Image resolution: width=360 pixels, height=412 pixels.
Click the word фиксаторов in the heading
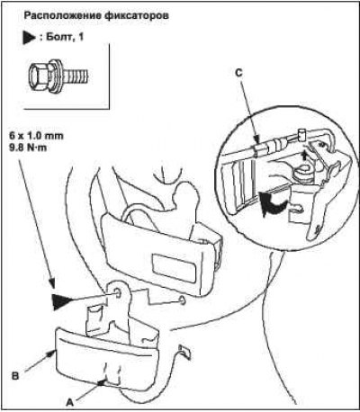point(137,15)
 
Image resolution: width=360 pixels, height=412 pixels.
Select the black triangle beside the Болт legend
point(30,38)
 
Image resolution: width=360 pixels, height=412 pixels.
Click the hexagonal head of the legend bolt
point(39,75)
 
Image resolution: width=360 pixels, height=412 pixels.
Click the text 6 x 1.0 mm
point(36,136)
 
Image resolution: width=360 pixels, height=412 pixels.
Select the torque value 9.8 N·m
point(28,148)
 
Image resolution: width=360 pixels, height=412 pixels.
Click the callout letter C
point(238,74)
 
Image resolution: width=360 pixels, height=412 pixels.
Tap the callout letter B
point(15,376)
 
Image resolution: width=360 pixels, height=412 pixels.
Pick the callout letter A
point(69,402)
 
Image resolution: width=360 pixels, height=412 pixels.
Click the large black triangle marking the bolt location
point(60,301)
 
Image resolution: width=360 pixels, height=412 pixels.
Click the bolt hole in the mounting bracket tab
point(117,293)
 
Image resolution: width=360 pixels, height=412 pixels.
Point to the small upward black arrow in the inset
point(305,156)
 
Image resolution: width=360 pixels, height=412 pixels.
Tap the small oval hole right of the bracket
point(182,300)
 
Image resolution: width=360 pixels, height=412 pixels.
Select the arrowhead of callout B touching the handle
point(52,354)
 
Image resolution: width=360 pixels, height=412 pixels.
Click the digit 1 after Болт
point(80,37)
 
